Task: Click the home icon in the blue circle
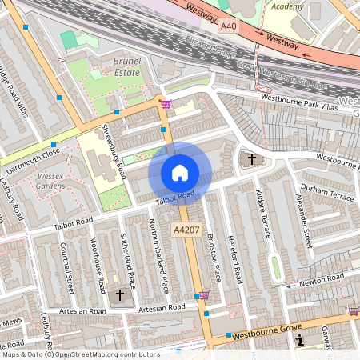click(x=180, y=173)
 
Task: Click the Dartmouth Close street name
click(x=34, y=162)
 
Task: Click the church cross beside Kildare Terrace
click(x=252, y=159)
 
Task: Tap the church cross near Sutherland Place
click(x=121, y=294)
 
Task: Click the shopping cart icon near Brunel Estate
click(x=166, y=103)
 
